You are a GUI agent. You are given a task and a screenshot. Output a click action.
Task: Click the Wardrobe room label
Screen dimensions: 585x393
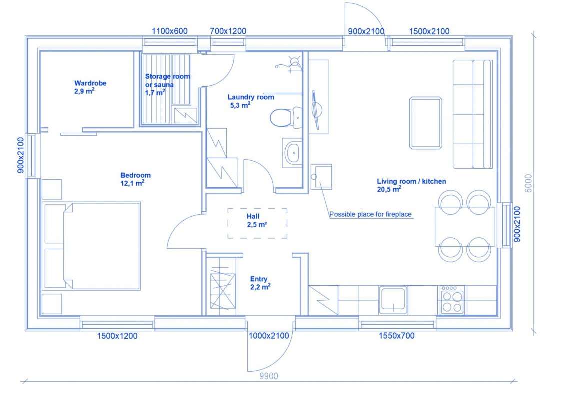[x=90, y=87]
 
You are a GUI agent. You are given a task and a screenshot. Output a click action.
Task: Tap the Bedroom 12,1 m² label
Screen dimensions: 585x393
[x=135, y=179]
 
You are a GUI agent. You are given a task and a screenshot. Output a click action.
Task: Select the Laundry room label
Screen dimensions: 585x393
[x=250, y=101]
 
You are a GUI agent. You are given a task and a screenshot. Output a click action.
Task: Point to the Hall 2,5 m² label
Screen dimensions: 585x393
[x=256, y=220]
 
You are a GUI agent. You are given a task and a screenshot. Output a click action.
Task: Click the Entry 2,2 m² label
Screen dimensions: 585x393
[x=260, y=283]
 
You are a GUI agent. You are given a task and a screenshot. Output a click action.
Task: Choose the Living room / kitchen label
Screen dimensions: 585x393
[x=411, y=185]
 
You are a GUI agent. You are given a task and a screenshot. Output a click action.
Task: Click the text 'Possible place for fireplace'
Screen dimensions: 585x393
[x=370, y=214]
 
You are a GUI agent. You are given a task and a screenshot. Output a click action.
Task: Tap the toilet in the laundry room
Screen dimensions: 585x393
[x=286, y=118]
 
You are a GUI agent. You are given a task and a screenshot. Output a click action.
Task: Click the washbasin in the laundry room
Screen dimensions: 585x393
[x=292, y=153]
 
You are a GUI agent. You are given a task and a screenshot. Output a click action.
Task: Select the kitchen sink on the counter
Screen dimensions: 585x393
[x=393, y=300]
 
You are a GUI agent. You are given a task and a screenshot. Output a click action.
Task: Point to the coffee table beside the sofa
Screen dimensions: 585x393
[x=425, y=123]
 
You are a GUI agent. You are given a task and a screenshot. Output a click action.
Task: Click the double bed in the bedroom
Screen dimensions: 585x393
[x=92, y=246]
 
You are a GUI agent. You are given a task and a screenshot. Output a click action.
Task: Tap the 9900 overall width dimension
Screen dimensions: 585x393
[x=269, y=376]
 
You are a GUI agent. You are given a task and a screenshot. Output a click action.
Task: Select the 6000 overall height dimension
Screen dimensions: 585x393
[x=528, y=183]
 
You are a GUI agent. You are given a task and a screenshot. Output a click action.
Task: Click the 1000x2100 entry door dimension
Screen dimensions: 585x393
[x=269, y=336]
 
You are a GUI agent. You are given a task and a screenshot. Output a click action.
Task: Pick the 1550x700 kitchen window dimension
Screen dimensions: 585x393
[x=397, y=336]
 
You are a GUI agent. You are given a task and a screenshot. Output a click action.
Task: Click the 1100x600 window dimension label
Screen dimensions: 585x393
[x=170, y=31]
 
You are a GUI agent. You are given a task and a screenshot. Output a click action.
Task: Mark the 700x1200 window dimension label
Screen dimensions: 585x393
[x=228, y=31]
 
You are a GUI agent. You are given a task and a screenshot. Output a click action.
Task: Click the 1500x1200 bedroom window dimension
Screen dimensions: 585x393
[x=117, y=336]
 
